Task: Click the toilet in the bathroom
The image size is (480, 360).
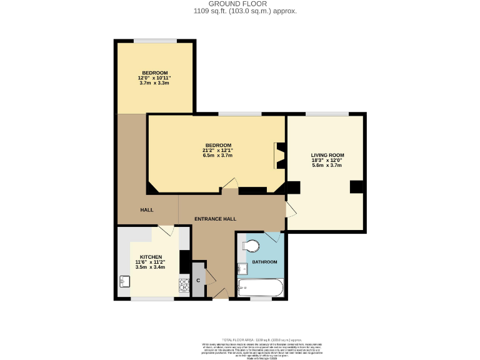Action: coord(252,244)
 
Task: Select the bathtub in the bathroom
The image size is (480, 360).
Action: coord(261,288)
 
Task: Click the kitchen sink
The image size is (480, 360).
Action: coord(124,281)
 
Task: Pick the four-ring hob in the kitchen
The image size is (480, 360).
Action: coord(184,286)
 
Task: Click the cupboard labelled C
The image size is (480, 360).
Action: coord(198,279)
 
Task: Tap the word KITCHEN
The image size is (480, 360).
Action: coord(151,257)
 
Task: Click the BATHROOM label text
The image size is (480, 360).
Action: coord(264,262)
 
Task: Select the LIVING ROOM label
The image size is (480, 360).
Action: coord(327,155)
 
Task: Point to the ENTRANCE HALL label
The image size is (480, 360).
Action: coord(215,219)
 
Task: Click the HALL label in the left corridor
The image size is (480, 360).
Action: coord(147,210)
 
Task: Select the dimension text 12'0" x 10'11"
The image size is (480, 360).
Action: coord(154,78)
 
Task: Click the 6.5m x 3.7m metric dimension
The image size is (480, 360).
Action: coord(217,156)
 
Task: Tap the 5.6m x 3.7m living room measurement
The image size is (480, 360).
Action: coord(327,165)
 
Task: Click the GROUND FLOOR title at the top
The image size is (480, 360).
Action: coord(239,4)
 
